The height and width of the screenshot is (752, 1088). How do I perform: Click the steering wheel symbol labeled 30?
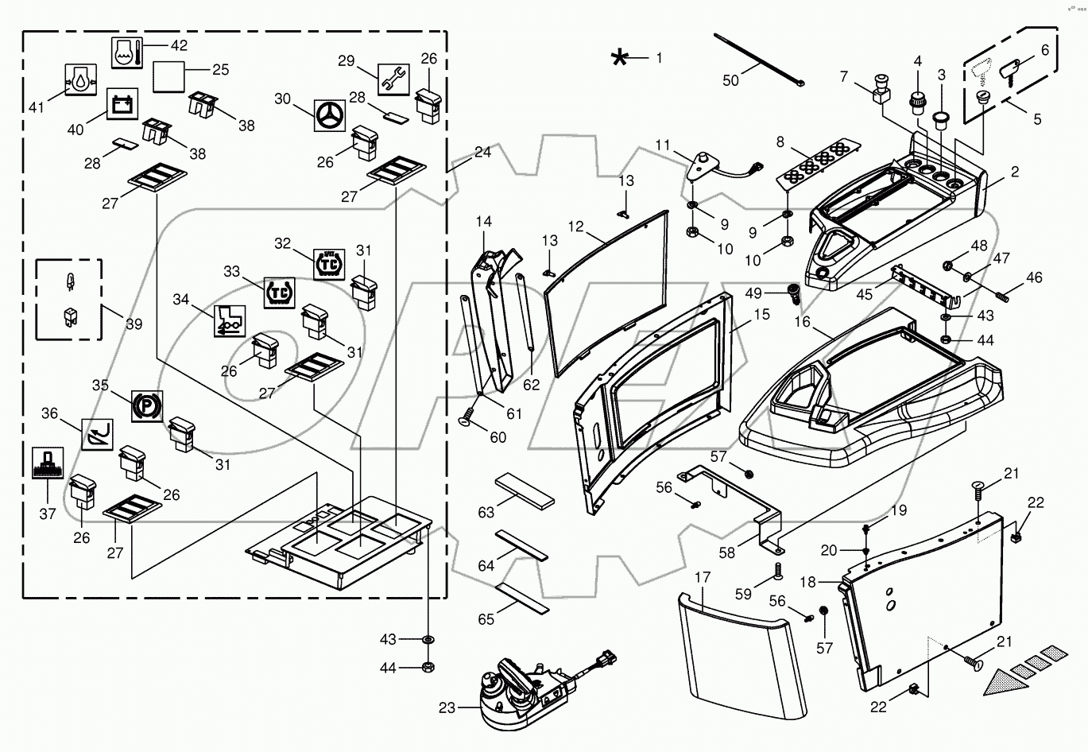[328, 116]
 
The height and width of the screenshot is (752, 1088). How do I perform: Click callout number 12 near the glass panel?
[576, 227]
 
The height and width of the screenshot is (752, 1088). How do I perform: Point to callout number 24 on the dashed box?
[482, 153]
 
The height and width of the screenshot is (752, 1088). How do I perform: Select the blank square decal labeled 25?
[168, 76]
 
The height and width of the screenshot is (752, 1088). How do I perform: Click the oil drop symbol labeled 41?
[79, 81]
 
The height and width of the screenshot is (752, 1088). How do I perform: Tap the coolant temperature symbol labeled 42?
[127, 52]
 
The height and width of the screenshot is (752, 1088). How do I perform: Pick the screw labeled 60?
[469, 417]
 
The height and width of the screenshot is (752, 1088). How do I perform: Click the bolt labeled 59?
[778, 570]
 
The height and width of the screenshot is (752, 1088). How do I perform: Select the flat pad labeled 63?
[525, 490]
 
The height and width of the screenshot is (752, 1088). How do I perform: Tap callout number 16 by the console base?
[802, 321]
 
